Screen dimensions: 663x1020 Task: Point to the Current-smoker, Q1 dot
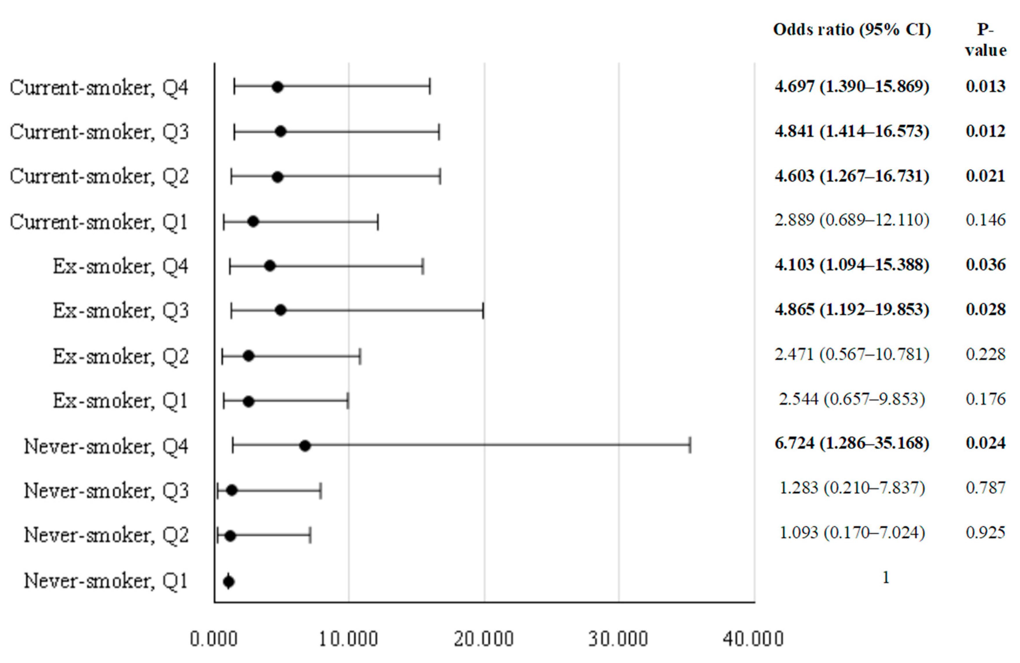(253, 222)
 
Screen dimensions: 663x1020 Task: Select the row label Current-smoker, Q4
(99, 88)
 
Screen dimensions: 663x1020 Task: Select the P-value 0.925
(985, 532)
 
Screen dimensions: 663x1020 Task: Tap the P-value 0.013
(985, 86)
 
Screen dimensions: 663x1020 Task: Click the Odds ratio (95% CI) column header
(852, 30)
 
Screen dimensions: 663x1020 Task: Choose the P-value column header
(985, 39)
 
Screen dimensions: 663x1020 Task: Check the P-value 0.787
(985, 488)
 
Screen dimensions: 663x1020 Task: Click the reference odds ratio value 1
(886, 578)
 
